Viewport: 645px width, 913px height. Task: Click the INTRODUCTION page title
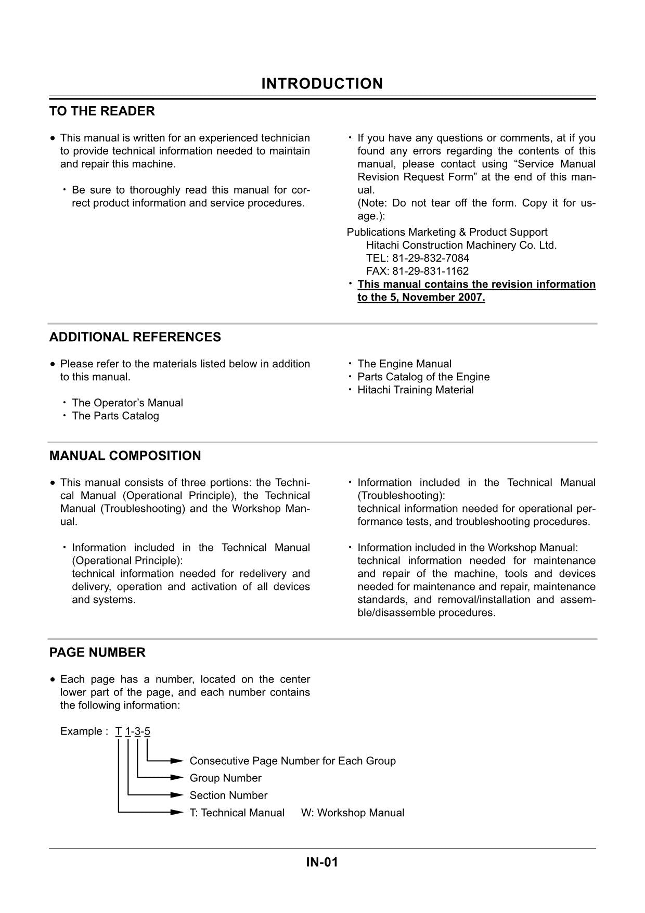click(x=322, y=84)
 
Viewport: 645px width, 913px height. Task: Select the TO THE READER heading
click(x=102, y=111)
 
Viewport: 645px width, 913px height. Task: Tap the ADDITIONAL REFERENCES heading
click(x=135, y=337)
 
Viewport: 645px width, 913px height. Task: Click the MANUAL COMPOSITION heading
click(x=125, y=456)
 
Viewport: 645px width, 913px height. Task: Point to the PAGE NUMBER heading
click(x=97, y=652)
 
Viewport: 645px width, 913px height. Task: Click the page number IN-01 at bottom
click(x=322, y=863)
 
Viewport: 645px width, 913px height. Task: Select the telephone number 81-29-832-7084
click(x=430, y=258)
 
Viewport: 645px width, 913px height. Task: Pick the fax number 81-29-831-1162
click(x=430, y=271)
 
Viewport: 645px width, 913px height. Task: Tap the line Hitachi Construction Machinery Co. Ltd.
click(x=461, y=245)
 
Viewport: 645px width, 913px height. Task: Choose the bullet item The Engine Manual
click(x=404, y=364)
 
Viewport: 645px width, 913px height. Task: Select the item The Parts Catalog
click(x=115, y=416)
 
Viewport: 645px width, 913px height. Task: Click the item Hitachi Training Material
click(x=415, y=390)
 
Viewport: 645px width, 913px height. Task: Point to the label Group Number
click(x=225, y=778)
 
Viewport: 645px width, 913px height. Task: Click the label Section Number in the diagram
click(x=228, y=795)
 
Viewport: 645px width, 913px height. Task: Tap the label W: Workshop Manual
click(x=352, y=813)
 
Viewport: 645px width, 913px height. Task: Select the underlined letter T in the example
click(x=119, y=731)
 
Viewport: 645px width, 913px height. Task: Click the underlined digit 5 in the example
click(x=147, y=731)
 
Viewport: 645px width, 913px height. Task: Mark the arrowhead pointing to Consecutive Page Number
click(x=177, y=761)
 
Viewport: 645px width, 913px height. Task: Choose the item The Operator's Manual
click(x=127, y=403)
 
